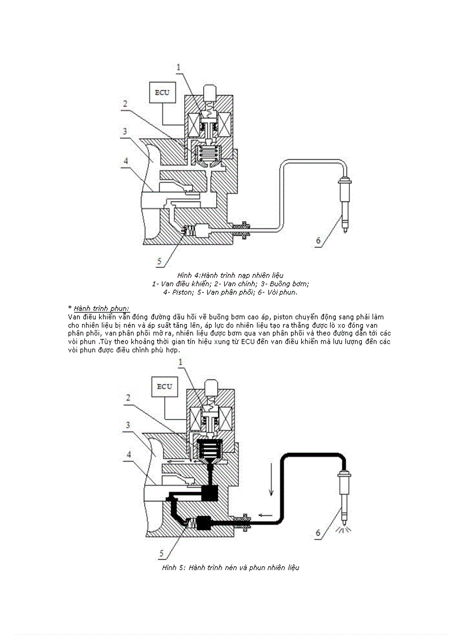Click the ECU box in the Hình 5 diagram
click(x=164, y=387)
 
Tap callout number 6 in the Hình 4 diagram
click(x=318, y=240)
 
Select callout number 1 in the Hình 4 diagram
click(x=178, y=67)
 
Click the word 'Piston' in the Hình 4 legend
click(x=181, y=292)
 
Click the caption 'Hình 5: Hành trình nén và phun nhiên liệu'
click(x=230, y=567)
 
